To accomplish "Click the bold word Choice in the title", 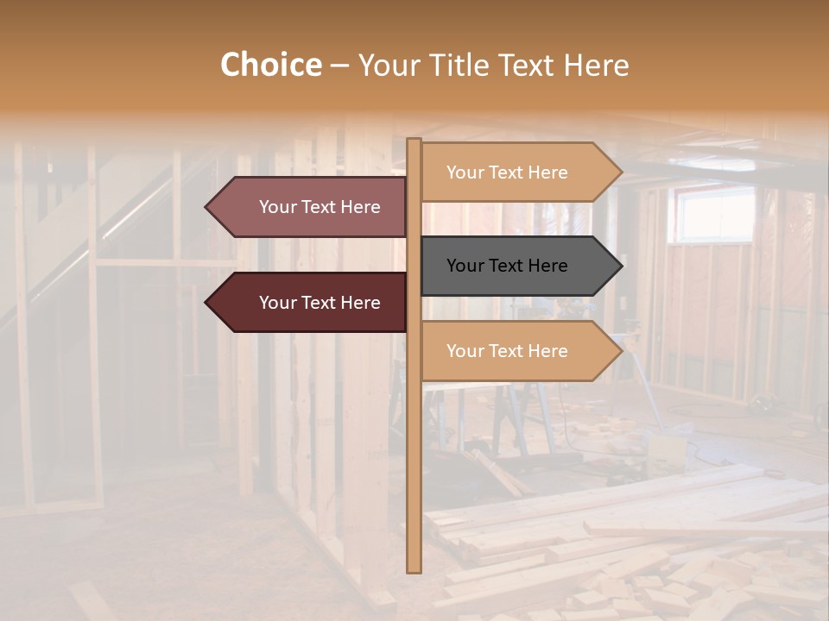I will pyautogui.click(x=270, y=65).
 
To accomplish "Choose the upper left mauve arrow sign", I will pyautogui.click(x=311, y=207).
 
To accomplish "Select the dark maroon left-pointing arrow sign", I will pyautogui.click(x=311, y=303).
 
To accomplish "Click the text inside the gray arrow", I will pyautogui.click(x=507, y=266).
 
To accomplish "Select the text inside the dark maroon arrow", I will pyautogui.click(x=320, y=303).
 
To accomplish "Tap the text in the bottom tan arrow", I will pyautogui.click(x=507, y=351).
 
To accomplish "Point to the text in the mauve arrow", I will pyautogui.click(x=320, y=207).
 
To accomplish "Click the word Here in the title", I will pyautogui.click(x=597, y=65).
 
